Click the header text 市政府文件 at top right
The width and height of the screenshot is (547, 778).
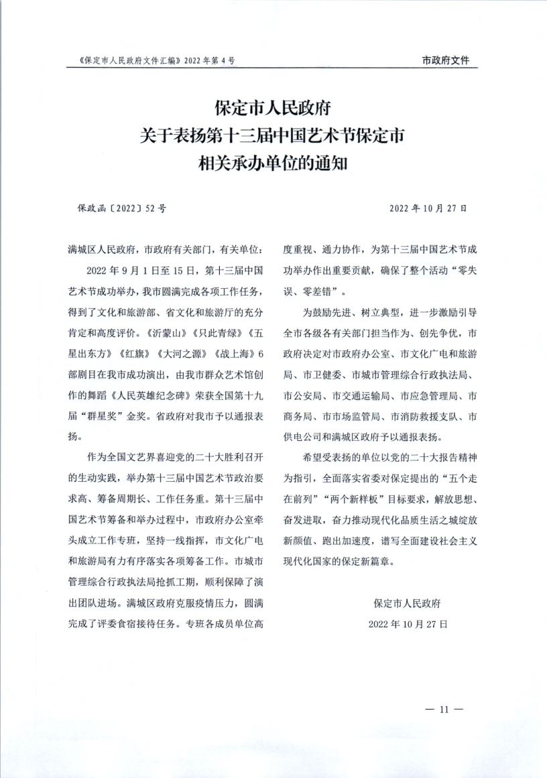click(x=446, y=60)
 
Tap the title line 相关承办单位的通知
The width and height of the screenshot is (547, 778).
click(x=273, y=161)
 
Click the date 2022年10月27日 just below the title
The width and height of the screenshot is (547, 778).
click(x=428, y=208)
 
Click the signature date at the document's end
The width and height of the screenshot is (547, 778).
click(x=408, y=623)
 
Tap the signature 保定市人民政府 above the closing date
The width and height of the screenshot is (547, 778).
click(x=408, y=603)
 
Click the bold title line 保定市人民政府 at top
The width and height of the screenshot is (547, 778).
click(x=273, y=107)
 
